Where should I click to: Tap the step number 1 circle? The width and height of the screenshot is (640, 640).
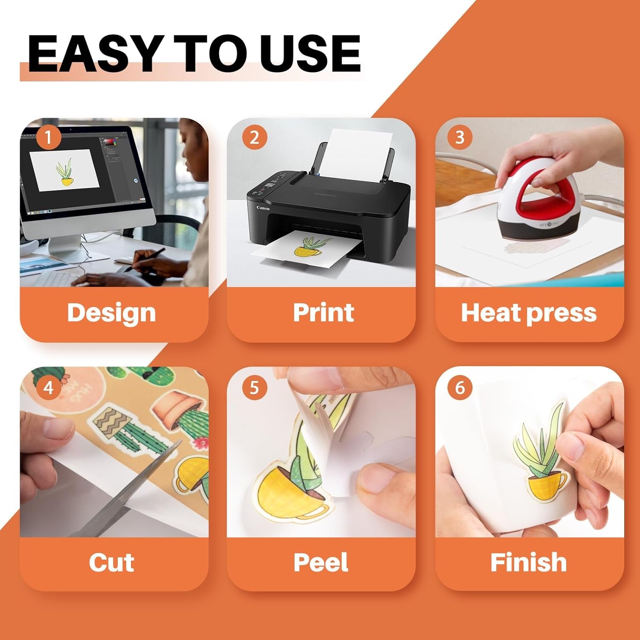[x=48, y=138]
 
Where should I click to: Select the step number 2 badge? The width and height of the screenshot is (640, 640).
[x=254, y=137]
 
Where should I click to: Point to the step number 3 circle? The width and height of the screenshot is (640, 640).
[x=460, y=137]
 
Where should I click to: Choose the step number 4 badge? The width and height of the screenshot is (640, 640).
[x=48, y=388]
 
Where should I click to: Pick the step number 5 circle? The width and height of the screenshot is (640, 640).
[x=254, y=388]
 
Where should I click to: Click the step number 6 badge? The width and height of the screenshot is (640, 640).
[x=460, y=388]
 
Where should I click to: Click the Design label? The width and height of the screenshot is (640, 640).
[x=111, y=313]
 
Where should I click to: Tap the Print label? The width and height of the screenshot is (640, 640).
[x=323, y=312]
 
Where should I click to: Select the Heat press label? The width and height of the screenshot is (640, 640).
[x=529, y=313]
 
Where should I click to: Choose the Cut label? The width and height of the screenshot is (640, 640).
[x=111, y=562]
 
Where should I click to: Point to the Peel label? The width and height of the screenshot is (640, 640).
[x=321, y=562]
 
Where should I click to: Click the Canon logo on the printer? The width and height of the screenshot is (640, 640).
[x=263, y=208]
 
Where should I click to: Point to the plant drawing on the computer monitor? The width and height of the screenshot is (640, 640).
[x=64, y=172]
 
